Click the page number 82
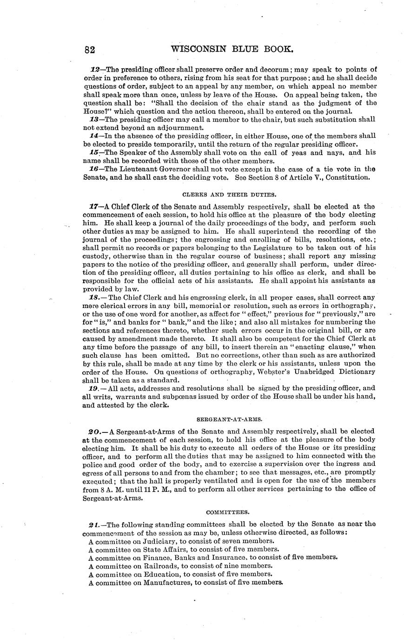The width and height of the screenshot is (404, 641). click(90, 49)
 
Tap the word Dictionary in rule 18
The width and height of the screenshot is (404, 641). click(354, 372)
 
